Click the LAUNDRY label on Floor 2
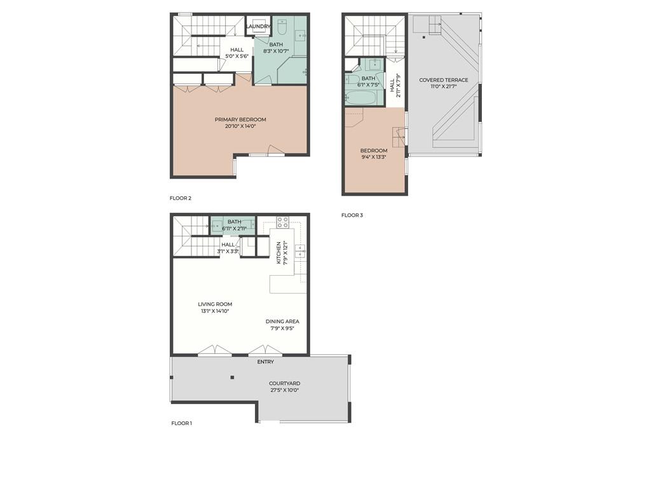click(259, 26)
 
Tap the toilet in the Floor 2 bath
click(284, 26)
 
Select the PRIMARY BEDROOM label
click(240, 119)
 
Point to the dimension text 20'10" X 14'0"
click(240, 126)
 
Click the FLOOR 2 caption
click(181, 198)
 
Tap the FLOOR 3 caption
click(352, 215)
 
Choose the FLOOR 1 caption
click(182, 423)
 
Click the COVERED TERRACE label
click(444, 80)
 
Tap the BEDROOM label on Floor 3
click(374, 151)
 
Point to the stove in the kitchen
click(282, 222)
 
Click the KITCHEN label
click(278, 253)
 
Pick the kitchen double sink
click(300, 251)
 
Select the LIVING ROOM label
click(215, 304)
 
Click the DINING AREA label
click(282, 322)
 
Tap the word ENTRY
click(265, 362)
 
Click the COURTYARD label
click(284, 383)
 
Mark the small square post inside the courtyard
click(232, 377)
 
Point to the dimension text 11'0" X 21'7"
click(444, 86)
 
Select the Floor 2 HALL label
click(236, 50)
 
